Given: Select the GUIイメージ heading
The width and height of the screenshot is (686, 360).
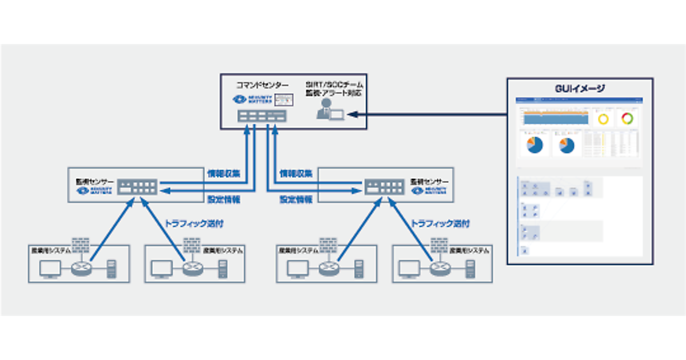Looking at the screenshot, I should (580, 89).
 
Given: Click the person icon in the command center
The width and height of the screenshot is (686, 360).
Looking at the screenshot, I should (325, 109).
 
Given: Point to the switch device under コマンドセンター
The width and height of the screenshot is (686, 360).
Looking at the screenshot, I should (262, 116).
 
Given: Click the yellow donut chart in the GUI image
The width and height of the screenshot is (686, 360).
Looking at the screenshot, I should (604, 119).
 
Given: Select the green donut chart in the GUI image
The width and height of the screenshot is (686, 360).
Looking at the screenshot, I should (628, 119).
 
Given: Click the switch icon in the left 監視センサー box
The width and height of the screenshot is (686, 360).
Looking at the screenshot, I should (137, 187).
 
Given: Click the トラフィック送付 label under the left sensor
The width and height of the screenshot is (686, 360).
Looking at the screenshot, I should (189, 224).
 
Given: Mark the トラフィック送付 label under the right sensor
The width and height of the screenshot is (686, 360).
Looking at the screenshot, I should (441, 224).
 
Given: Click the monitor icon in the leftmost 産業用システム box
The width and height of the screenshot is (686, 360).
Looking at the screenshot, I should (50, 268).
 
